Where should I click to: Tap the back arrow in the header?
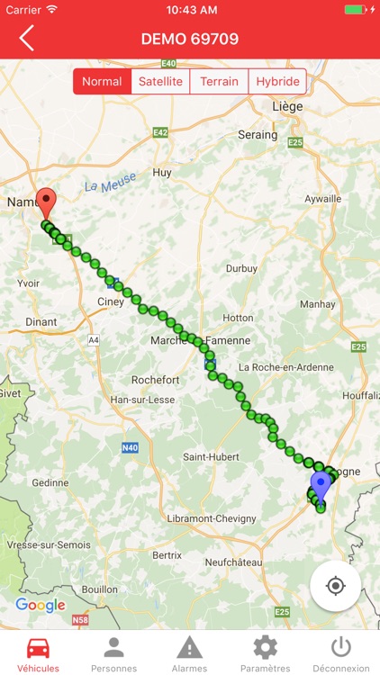(x=27, y=39)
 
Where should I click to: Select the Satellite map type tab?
(x=160, y=82)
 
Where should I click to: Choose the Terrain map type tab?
(x=220, y=82)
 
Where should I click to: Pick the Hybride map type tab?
(x=276, y=82)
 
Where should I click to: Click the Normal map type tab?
(x=102, y=82)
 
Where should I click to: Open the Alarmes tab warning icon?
(x=189, y=647)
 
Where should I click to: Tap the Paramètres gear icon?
(x=265, y=647)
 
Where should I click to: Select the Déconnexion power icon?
(x=340, y=647)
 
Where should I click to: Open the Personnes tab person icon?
(x=113, y=647)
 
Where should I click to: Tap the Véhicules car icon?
(x=38, y=647)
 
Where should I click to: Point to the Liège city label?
(x=286, y=105)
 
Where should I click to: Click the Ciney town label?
(x=111, y=301)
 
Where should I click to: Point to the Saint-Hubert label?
(x=211, y=456)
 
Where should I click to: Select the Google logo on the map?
(x=41, y=605)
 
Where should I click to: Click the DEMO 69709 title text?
(x=190, y=39)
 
